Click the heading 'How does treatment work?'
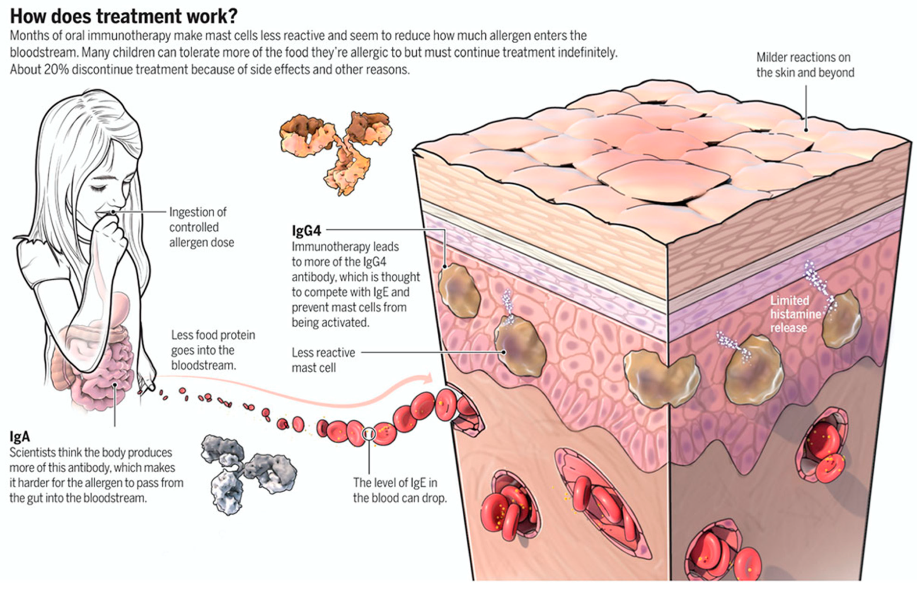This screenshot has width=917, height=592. pos(123,16)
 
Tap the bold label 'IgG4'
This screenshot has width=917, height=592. pos(306,231)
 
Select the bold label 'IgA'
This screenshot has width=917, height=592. pos(20,437)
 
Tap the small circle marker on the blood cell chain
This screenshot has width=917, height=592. pos(369,434)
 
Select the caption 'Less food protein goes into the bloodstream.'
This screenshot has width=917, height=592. pos(213,350)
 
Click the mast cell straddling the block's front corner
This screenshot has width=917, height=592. pos(661,378)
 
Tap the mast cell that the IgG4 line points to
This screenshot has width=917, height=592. pos(459,290)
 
